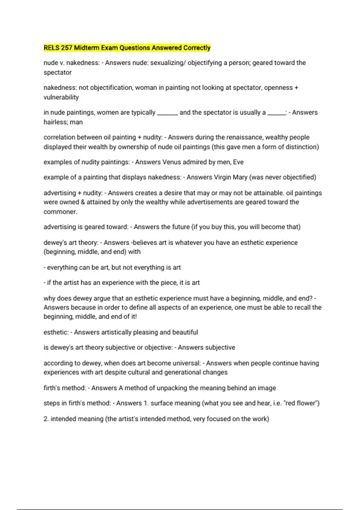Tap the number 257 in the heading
[x=67, y=48]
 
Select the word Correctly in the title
[x=197, y=48]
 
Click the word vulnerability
[x=61, y=97]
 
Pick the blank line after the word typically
[x=167, y=113]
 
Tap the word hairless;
[x=56, y=122]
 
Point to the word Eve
[x=238, y=162]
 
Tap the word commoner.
[x=60, y=212]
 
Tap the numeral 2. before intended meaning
[x=46, y=419]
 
